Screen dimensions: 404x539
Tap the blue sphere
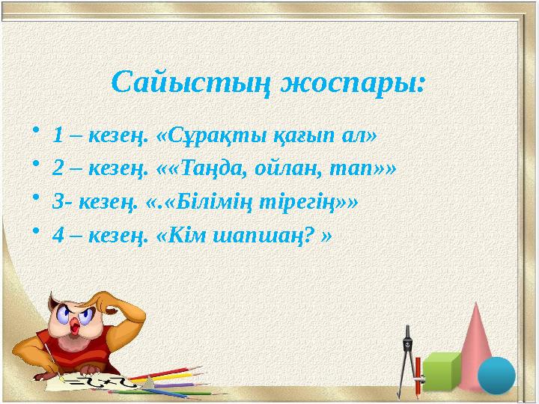(496, 376)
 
